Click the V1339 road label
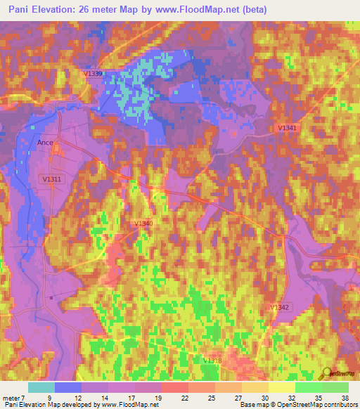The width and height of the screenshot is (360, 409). tap(93, 74)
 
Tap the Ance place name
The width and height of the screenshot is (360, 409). tap(45, 142)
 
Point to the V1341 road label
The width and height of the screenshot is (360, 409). tap(287, 127)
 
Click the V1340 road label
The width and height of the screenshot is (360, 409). tap(143, 223)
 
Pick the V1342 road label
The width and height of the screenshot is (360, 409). tap(279, 308)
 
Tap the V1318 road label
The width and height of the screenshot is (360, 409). tap(212, 361)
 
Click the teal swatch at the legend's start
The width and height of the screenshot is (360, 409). tap(41, 387)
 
